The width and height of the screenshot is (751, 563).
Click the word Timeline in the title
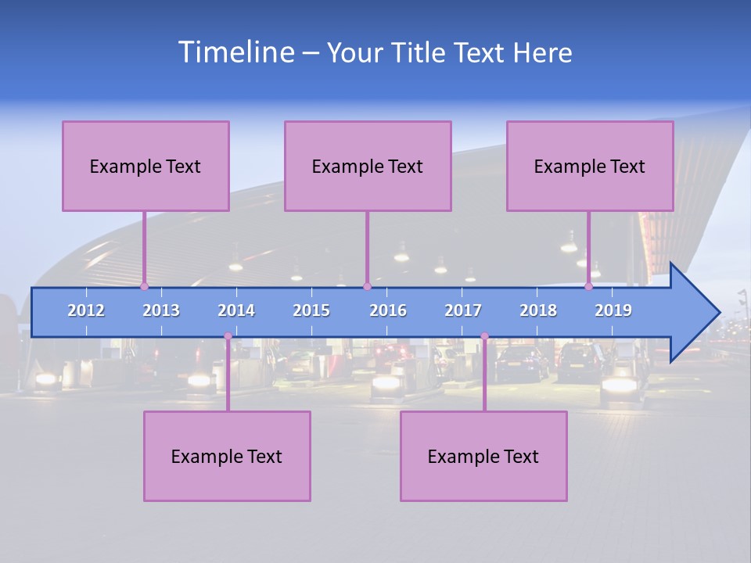click(235, 52)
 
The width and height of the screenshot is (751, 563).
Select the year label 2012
click(86, 310)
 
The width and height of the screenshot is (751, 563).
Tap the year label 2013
click(161, 310)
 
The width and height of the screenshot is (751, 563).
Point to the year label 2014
click(236, 310)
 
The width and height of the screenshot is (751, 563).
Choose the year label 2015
click(311, 310)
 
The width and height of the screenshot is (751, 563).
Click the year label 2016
click(388, 310)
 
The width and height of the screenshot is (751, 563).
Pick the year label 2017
click(463, 310)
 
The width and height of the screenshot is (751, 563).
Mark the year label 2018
click(538, 310)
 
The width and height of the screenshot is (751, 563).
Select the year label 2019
click(613, 310)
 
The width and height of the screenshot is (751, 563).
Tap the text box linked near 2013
click(146, 166)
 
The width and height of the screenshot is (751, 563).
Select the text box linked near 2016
click(368, 166)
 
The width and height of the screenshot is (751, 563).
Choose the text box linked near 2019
click(590, 166)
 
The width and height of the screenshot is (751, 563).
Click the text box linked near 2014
click(227, 456)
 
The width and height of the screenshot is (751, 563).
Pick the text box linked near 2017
click(483, 456)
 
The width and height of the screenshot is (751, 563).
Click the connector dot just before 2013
click(144, 286)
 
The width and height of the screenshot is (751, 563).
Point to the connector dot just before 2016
click(367, 286)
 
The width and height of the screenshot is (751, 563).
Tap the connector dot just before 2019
click(589, 286)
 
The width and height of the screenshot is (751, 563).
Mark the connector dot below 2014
click(228, 336)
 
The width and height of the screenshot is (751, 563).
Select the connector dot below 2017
click(484, 336)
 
